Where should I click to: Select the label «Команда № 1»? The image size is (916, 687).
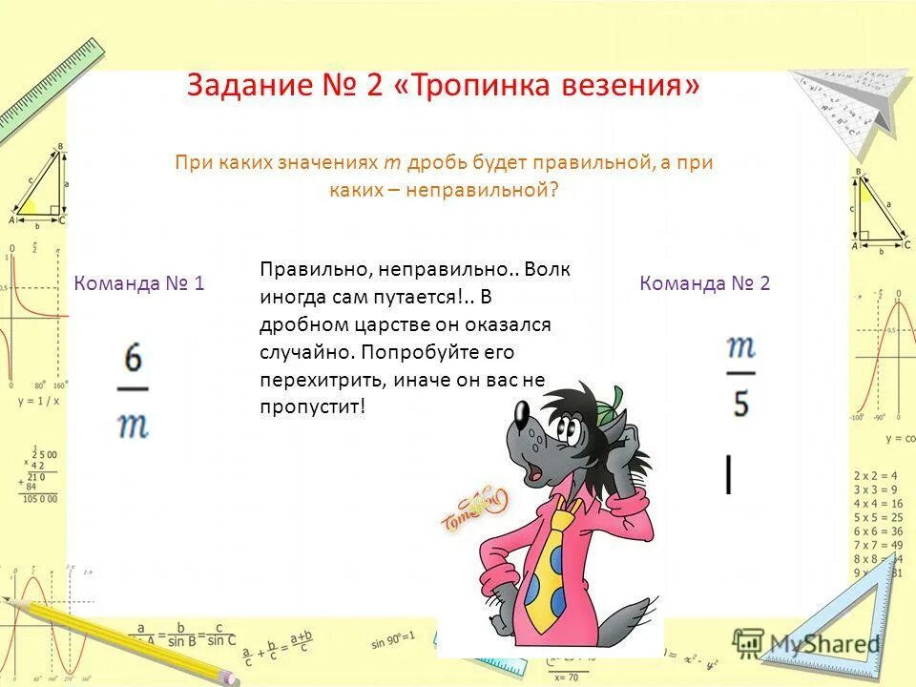(x=139, y=282)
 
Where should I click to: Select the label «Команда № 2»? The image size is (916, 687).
(x=705, y=282)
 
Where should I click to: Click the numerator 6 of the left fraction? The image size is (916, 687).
(x=134, y=361)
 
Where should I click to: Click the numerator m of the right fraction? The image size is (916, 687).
(x=740, y=347)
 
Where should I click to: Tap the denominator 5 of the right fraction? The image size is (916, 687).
(x=740, y=404)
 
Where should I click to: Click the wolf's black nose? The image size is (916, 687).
(x=522, y=411)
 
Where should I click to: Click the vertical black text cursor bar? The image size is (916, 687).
(x=729, y=474)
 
